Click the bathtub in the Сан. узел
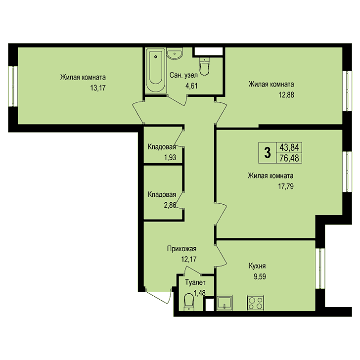(x=155, y=70)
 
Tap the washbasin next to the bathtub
(x=175, y=53)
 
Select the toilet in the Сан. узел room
(x=204, y=66)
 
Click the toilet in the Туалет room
(x=189, y=302)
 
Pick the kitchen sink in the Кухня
(x=225, y=303)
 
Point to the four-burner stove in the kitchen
(x=255, y=303)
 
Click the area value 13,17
(x=98, y=88)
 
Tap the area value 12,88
(x=286, y=94)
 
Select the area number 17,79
(x=286, y=186)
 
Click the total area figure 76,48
(x=289, y=158)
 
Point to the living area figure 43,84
(x=289, y=147)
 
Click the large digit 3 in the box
(x=268, y=153)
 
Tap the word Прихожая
(x=181, y=249)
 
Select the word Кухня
(x=257, y=266)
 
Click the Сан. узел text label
(x=183, y=75)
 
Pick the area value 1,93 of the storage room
(x=170, y=157)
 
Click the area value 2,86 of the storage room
(x=170, y=205)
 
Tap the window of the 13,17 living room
(x=13, y=87)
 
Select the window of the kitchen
(x=320, y=269)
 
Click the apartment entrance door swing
(x=159, y=296)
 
